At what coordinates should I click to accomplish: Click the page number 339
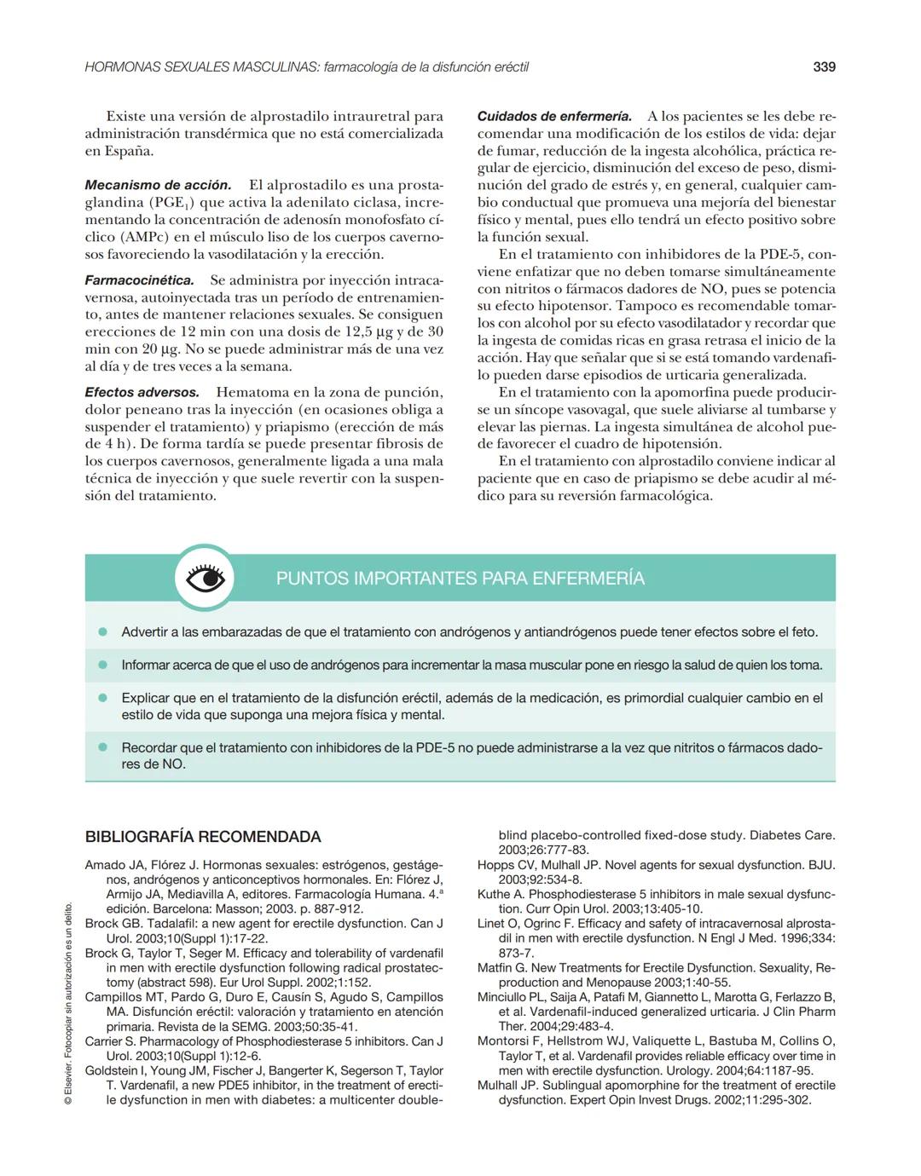point(824,66)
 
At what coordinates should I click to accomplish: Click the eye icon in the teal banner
point(205,579)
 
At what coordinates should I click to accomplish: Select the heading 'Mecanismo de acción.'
point(158,185)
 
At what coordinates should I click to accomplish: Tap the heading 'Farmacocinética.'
point(139,280)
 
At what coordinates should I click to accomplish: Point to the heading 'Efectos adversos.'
point(142,393)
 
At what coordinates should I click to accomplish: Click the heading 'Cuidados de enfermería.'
point(554,116)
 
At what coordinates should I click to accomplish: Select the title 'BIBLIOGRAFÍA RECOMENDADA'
point(203,837)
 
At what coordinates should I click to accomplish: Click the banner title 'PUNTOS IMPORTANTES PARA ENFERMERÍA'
point(460,579)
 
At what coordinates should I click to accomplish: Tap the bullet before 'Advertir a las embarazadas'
point(103,632)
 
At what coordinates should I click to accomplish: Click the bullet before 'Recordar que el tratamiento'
point(103,747)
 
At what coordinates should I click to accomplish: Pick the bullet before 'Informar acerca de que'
point(103,665)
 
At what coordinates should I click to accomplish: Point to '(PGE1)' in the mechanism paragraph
point(172,203)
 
